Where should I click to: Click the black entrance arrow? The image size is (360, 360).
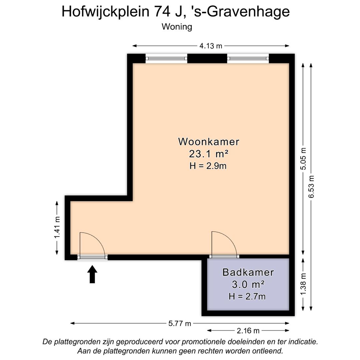tap(92, 274)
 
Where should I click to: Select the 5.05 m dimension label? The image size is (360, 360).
tap(303, 158)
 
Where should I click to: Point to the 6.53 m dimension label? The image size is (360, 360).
tap(311, 187)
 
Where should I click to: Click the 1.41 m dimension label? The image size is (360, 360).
tap(57, 228)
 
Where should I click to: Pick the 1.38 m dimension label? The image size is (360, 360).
tap(303, 284)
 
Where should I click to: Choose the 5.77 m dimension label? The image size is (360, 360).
tap(180, 323)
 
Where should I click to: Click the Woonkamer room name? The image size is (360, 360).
tap(209, 142)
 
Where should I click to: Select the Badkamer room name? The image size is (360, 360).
tap(248, 272)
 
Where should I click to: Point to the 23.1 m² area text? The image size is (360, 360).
tap(209, 154)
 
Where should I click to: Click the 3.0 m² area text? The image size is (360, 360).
tap(248, 284)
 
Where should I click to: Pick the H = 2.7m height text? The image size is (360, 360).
tap(247, 296)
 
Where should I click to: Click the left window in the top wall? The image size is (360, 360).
tap(166, 59)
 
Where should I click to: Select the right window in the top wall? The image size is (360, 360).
tap(248, 59)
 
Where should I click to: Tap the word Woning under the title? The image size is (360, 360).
tap(177, 27)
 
